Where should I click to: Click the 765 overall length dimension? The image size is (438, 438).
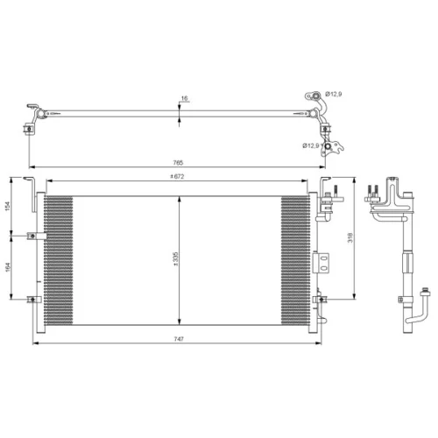click(x=178, y=163)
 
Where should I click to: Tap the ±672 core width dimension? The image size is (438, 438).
click(x=178, y=176)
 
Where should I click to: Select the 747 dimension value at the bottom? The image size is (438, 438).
click(x=179, y=339)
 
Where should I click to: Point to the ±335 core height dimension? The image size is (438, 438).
click(x=176, y=259)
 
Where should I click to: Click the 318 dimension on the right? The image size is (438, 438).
click(x=350, y=237)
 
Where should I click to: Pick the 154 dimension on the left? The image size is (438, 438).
click(x=8, y=206)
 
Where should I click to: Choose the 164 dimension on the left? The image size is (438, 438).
click(x=8, y=267)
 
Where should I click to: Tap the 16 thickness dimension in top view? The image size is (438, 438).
click(x=184, y=98)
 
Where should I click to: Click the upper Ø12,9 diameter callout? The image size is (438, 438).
click(x=334, y=94)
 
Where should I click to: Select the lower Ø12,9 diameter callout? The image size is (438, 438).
click(x=311, y=145)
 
